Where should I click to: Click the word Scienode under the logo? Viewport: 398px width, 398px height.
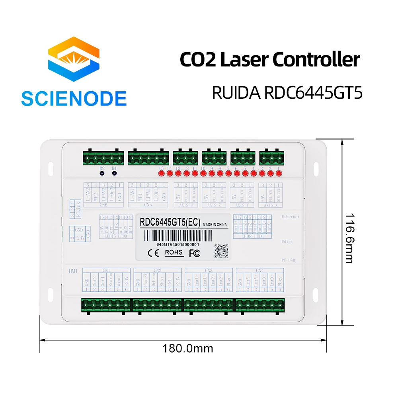74,98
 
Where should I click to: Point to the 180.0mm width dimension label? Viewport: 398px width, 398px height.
187,348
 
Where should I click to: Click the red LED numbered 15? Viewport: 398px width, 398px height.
161,174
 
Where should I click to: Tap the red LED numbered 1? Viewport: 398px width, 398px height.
279,174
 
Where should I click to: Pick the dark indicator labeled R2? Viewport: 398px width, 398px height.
102,174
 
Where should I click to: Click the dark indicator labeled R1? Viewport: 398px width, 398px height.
114,174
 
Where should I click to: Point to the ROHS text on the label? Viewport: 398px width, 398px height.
174,252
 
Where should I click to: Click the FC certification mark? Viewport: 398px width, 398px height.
194,252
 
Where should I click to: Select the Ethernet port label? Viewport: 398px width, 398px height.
290,217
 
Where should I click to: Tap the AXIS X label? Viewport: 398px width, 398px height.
269,205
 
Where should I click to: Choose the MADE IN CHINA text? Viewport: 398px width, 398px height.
215,224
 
